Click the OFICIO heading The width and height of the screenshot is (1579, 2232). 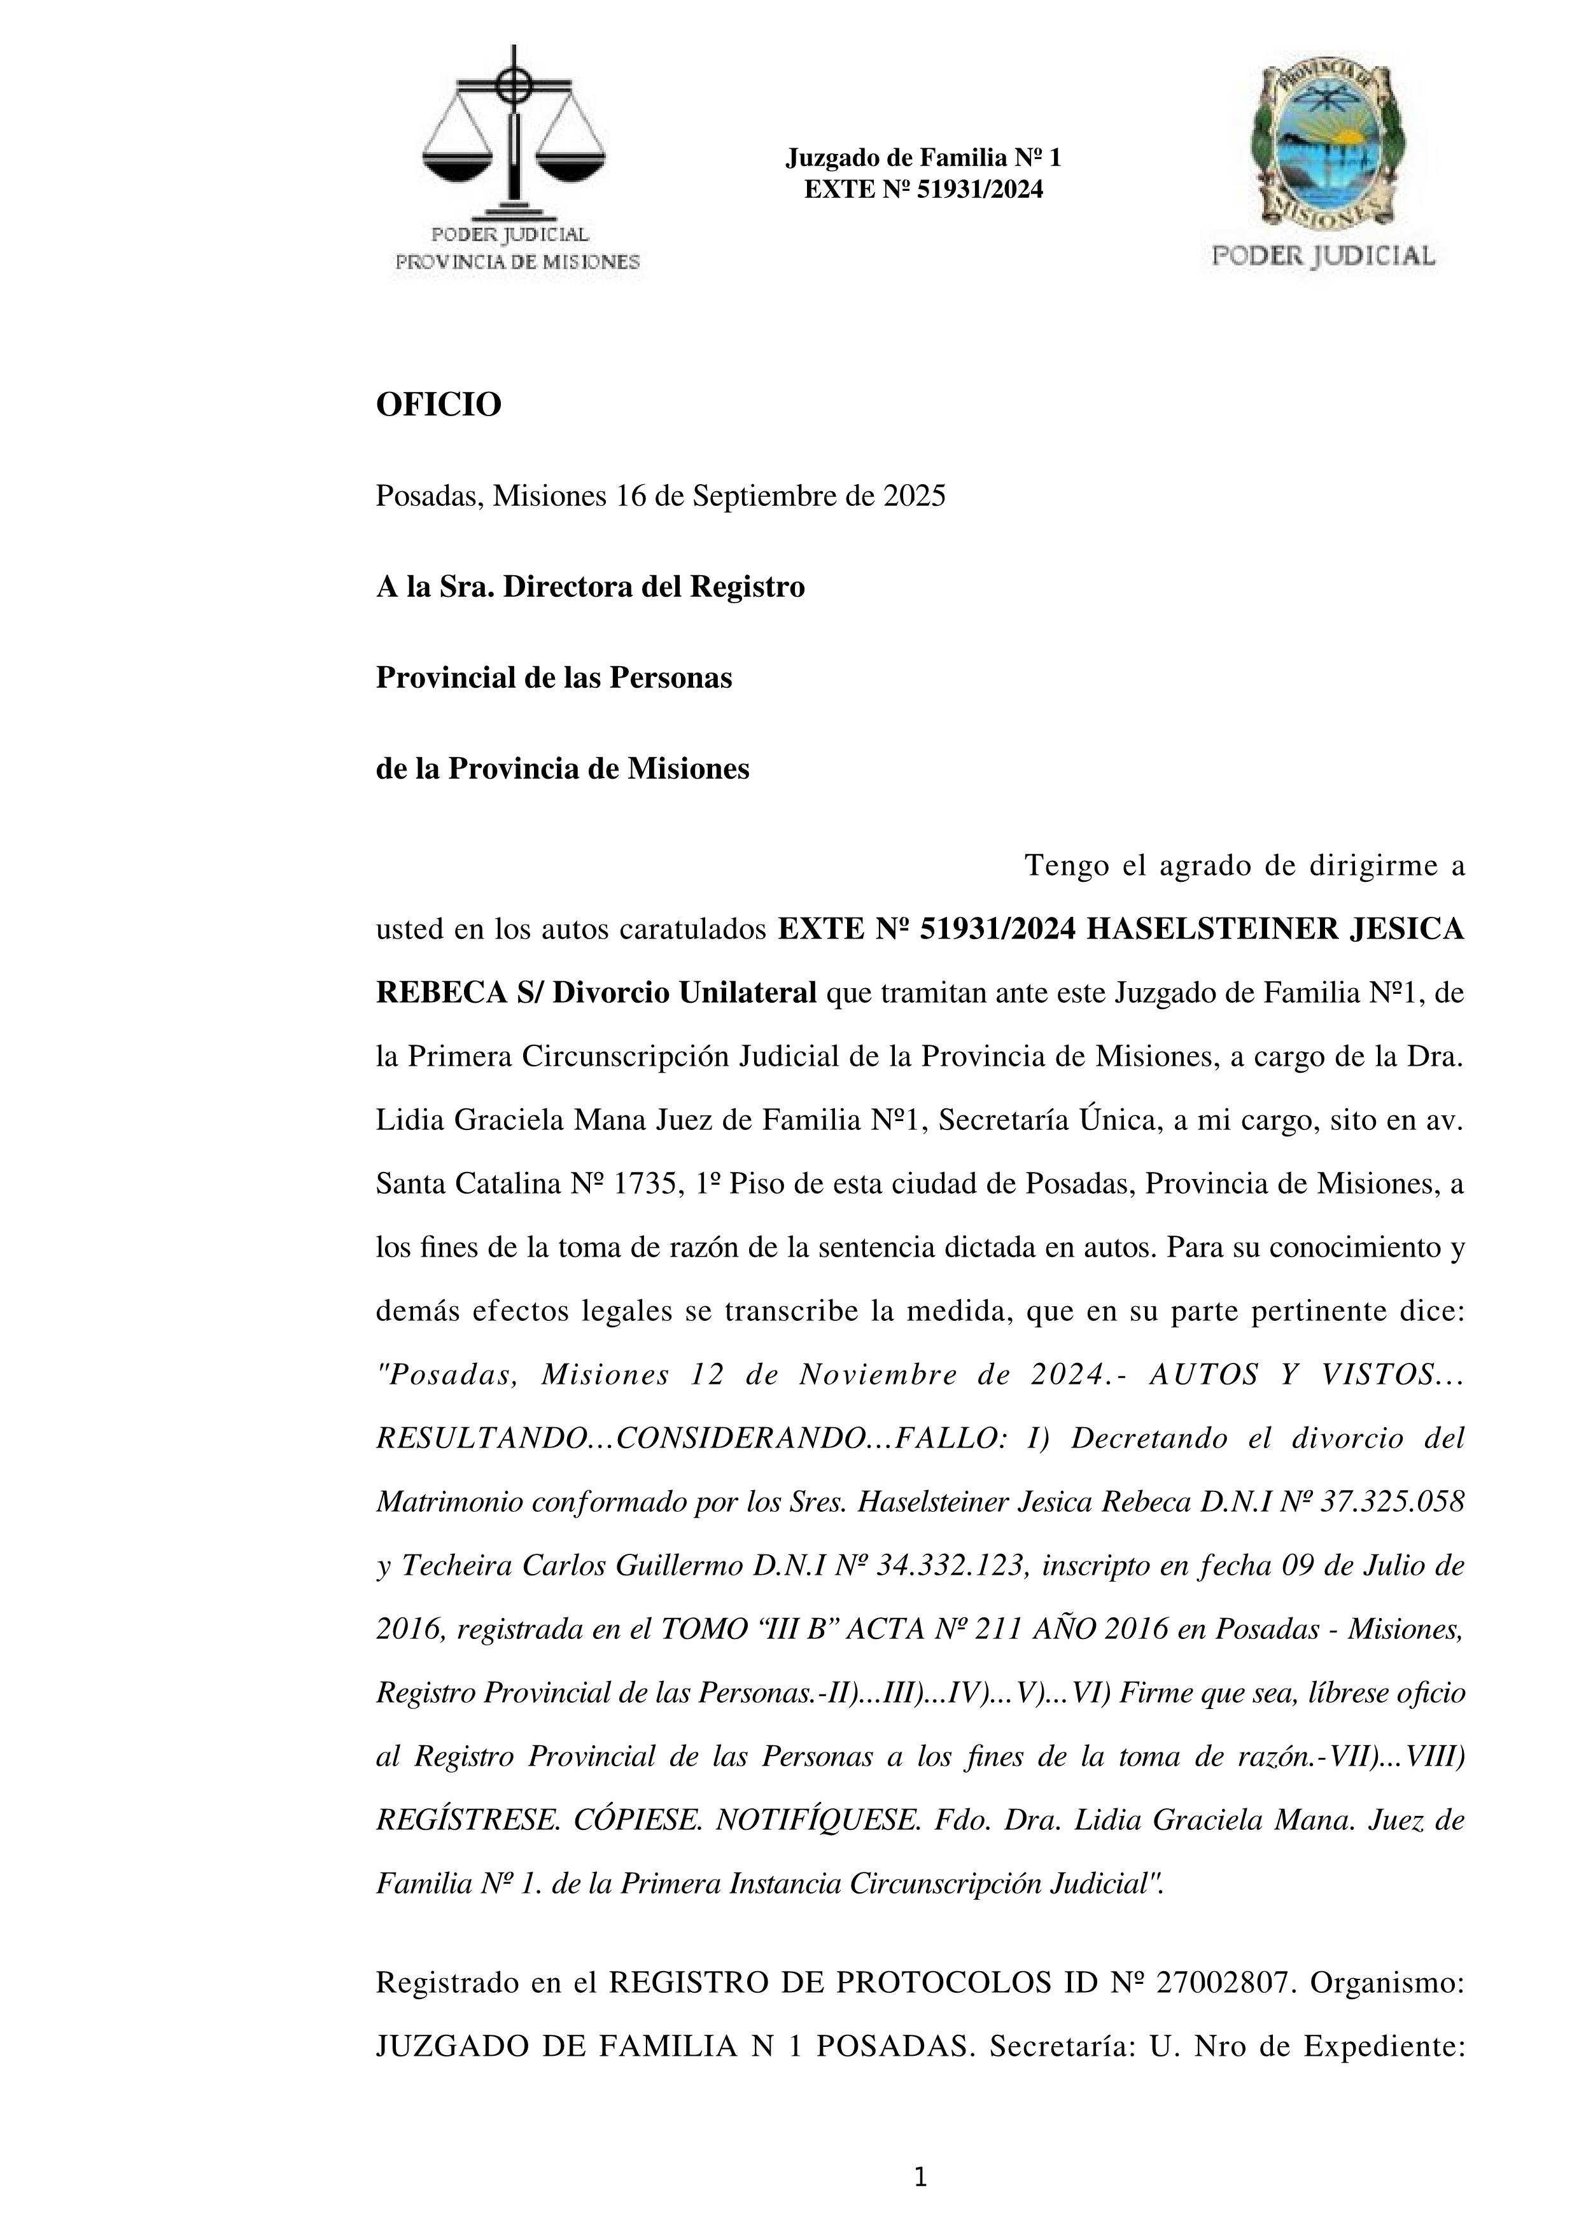(439, 405)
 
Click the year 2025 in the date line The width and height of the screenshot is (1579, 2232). (914, 497)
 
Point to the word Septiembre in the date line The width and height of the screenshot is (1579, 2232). (757, 497)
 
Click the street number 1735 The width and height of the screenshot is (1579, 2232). (647, 1184)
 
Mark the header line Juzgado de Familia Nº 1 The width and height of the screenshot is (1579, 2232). (923, 158)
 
